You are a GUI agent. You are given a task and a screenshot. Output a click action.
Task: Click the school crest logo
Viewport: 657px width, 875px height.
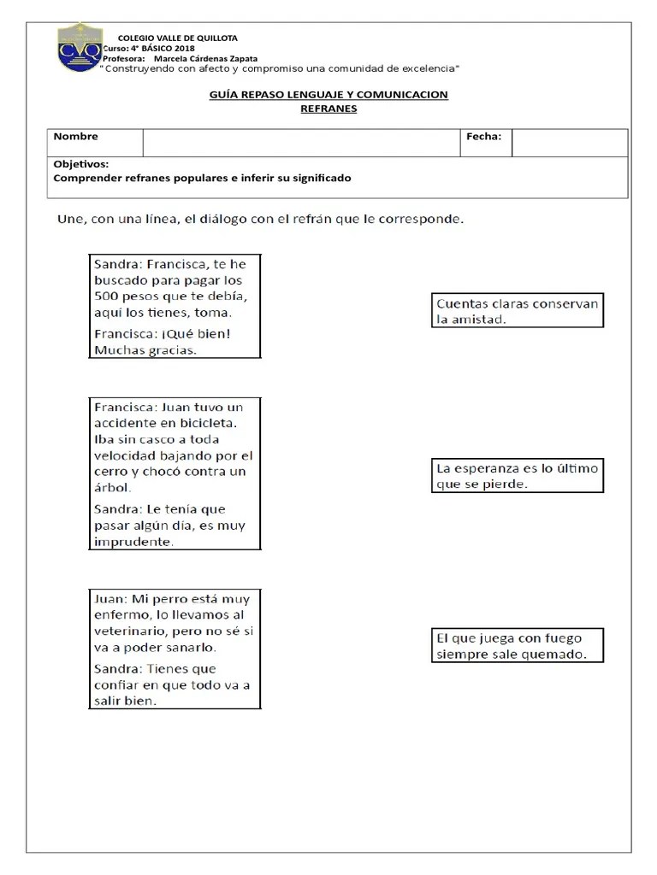pyautogui.click(x=80, y=49)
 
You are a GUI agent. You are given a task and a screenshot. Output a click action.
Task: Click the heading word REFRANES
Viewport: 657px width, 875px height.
pyautogui.click(x=328, y=109)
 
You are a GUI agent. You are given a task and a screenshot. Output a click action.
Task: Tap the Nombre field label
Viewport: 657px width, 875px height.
pyautogui.click(x=76, y=137)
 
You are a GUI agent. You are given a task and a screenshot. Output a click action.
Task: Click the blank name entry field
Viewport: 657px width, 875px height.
pyautogui.click(x=301, y=143)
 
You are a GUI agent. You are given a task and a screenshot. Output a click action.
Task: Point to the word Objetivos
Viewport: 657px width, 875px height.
pyautogui.click(x=80, y=163)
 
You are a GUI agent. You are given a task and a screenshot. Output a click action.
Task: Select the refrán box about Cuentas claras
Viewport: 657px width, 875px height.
pyautogui.click(x=518, y=311)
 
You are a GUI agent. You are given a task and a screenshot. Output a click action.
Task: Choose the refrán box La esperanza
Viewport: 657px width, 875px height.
pyautogui.click(x=518, y=476)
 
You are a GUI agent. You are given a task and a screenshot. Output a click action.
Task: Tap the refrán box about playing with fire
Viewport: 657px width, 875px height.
pyautogui.click(x=518, y=646)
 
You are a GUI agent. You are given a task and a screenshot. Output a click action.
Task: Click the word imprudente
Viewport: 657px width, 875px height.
pyautogui.click(x=133, y=542)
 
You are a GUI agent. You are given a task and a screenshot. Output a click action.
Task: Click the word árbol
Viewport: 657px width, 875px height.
pyautogui.click(x=112, y=488)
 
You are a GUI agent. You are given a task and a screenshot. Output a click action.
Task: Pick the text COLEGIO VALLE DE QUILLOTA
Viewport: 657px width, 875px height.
pyautogui.click(x=177, y=38)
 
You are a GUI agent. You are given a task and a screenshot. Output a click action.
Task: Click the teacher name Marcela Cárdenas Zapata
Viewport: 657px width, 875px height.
pyautogui.click(x=204, y=58)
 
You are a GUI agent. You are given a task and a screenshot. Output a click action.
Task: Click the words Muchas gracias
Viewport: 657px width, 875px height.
pyautogui.click(x=145, y=349)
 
